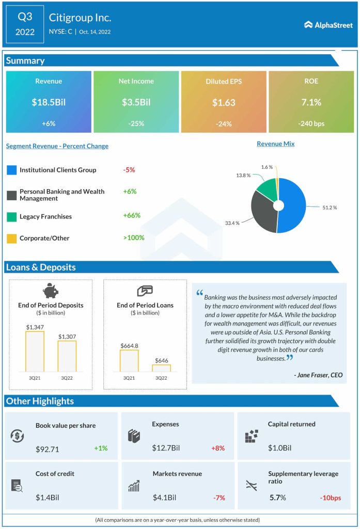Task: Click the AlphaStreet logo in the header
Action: tap(328, 24)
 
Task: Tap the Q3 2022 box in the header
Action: tap(25, 24)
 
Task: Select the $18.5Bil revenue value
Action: tap(49, 102)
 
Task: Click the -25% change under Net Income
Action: tap(136, 123)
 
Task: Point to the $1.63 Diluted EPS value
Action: tap(224, 102)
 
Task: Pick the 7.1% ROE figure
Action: tap(311, 102)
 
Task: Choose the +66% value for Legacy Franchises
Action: tap(132, 215)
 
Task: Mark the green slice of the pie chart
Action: tap(267, 189)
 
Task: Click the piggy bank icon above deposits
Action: tap(51, 291)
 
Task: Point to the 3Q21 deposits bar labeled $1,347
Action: tap(35, 351)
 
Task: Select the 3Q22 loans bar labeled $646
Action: tap(161, 368)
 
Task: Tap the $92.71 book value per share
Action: tap(47, 449)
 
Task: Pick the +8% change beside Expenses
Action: tap(217, 448)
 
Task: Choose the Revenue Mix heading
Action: tap(275, 144)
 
